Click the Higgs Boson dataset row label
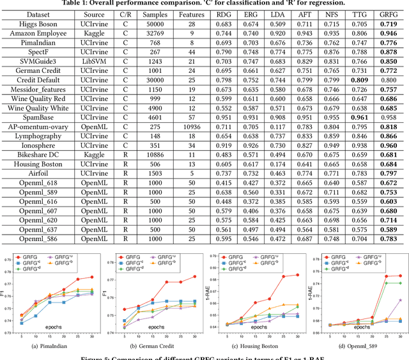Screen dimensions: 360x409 pyautogui.click(x=29, y=23)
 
